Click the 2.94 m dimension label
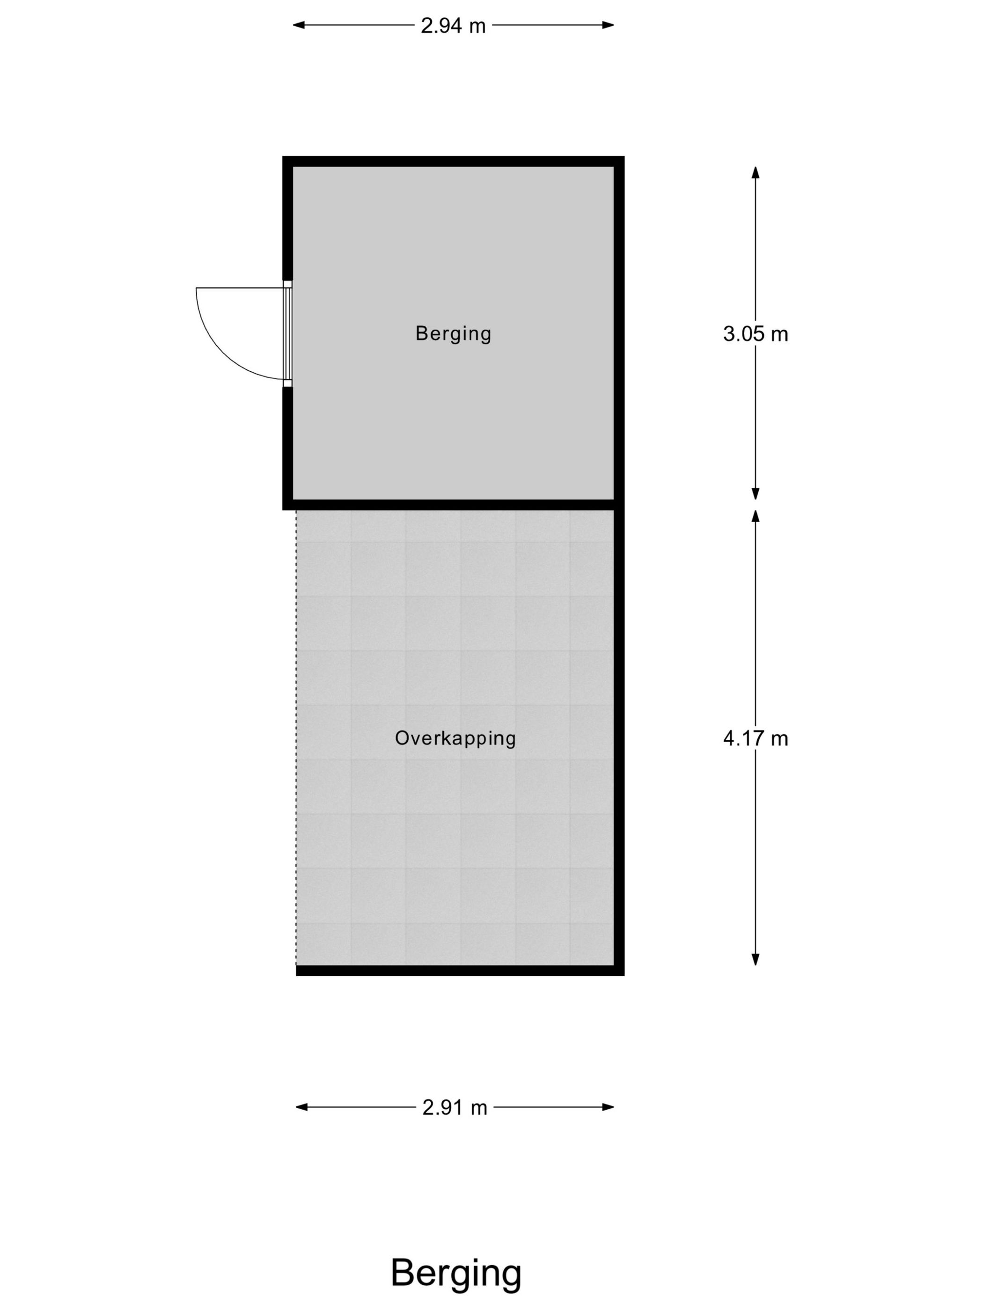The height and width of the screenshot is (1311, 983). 453,25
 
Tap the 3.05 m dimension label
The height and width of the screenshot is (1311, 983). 756,334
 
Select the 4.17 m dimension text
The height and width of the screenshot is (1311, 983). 756,738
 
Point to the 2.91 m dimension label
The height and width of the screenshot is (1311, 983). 455,1107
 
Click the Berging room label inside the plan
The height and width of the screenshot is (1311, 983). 453,334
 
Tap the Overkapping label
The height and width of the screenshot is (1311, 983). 455,738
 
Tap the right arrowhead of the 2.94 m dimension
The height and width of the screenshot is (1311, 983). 608,25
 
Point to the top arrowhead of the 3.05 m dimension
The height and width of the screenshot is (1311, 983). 756,172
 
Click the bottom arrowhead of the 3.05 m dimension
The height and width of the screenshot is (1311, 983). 756,493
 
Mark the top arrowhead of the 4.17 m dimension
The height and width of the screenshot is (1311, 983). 756,516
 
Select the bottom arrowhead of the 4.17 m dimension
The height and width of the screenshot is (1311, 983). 756,959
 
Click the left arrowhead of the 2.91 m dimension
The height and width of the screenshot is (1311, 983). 301,1107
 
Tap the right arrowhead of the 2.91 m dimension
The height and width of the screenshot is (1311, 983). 608,1107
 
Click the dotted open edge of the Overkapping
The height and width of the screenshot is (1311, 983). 296,738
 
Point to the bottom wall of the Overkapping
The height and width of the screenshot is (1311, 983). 460,971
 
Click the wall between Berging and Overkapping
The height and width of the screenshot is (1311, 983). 453,505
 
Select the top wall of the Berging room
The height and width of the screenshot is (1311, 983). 453,161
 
